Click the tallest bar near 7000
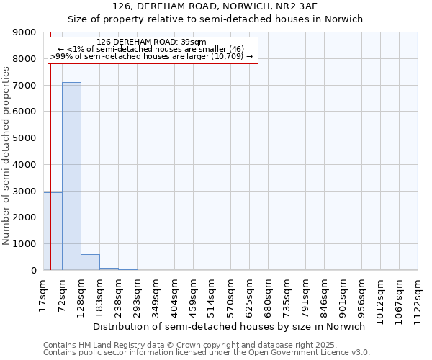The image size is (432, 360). (x=71, y=176)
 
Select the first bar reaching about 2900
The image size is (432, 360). (x=53, y=231)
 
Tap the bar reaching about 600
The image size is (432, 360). (x=90, y=262)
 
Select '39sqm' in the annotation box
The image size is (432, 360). (x=194, y=42)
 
